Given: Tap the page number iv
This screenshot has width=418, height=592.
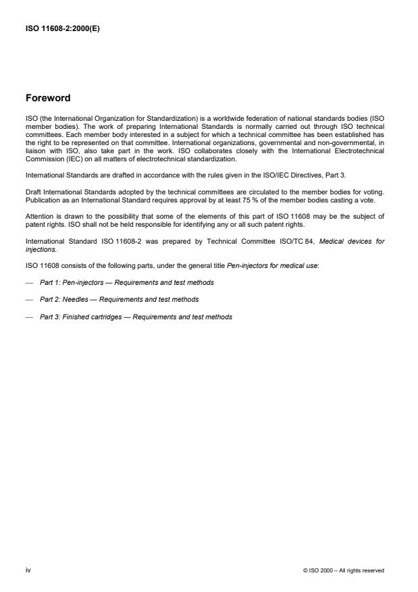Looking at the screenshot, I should coord(28,570).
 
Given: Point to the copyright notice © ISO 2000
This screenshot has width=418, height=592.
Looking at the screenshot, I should coord(344,570).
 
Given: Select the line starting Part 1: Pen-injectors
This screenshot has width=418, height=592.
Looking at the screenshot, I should coord(127,282).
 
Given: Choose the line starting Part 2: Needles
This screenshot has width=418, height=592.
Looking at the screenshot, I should coord(120,299).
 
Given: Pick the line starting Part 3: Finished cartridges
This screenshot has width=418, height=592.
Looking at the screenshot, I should coord(136,317).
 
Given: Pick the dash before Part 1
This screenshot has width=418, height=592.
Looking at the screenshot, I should coord(28,282).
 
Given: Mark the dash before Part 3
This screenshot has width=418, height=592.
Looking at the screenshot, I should coord(28,317).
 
